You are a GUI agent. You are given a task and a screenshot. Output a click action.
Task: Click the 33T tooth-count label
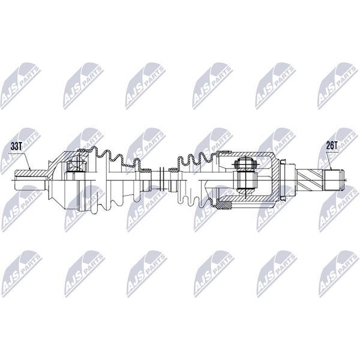(16, 147)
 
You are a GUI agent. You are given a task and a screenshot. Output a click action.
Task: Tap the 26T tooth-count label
(332, 145)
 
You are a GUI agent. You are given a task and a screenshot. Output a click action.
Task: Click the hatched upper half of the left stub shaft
(31, 173)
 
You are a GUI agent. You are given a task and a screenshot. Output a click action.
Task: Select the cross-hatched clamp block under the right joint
(224, 205)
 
